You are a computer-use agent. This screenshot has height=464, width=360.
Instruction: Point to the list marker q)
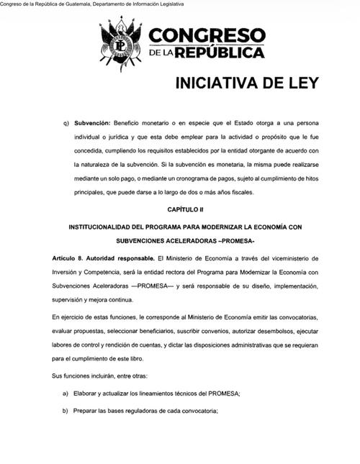point(68,123)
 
